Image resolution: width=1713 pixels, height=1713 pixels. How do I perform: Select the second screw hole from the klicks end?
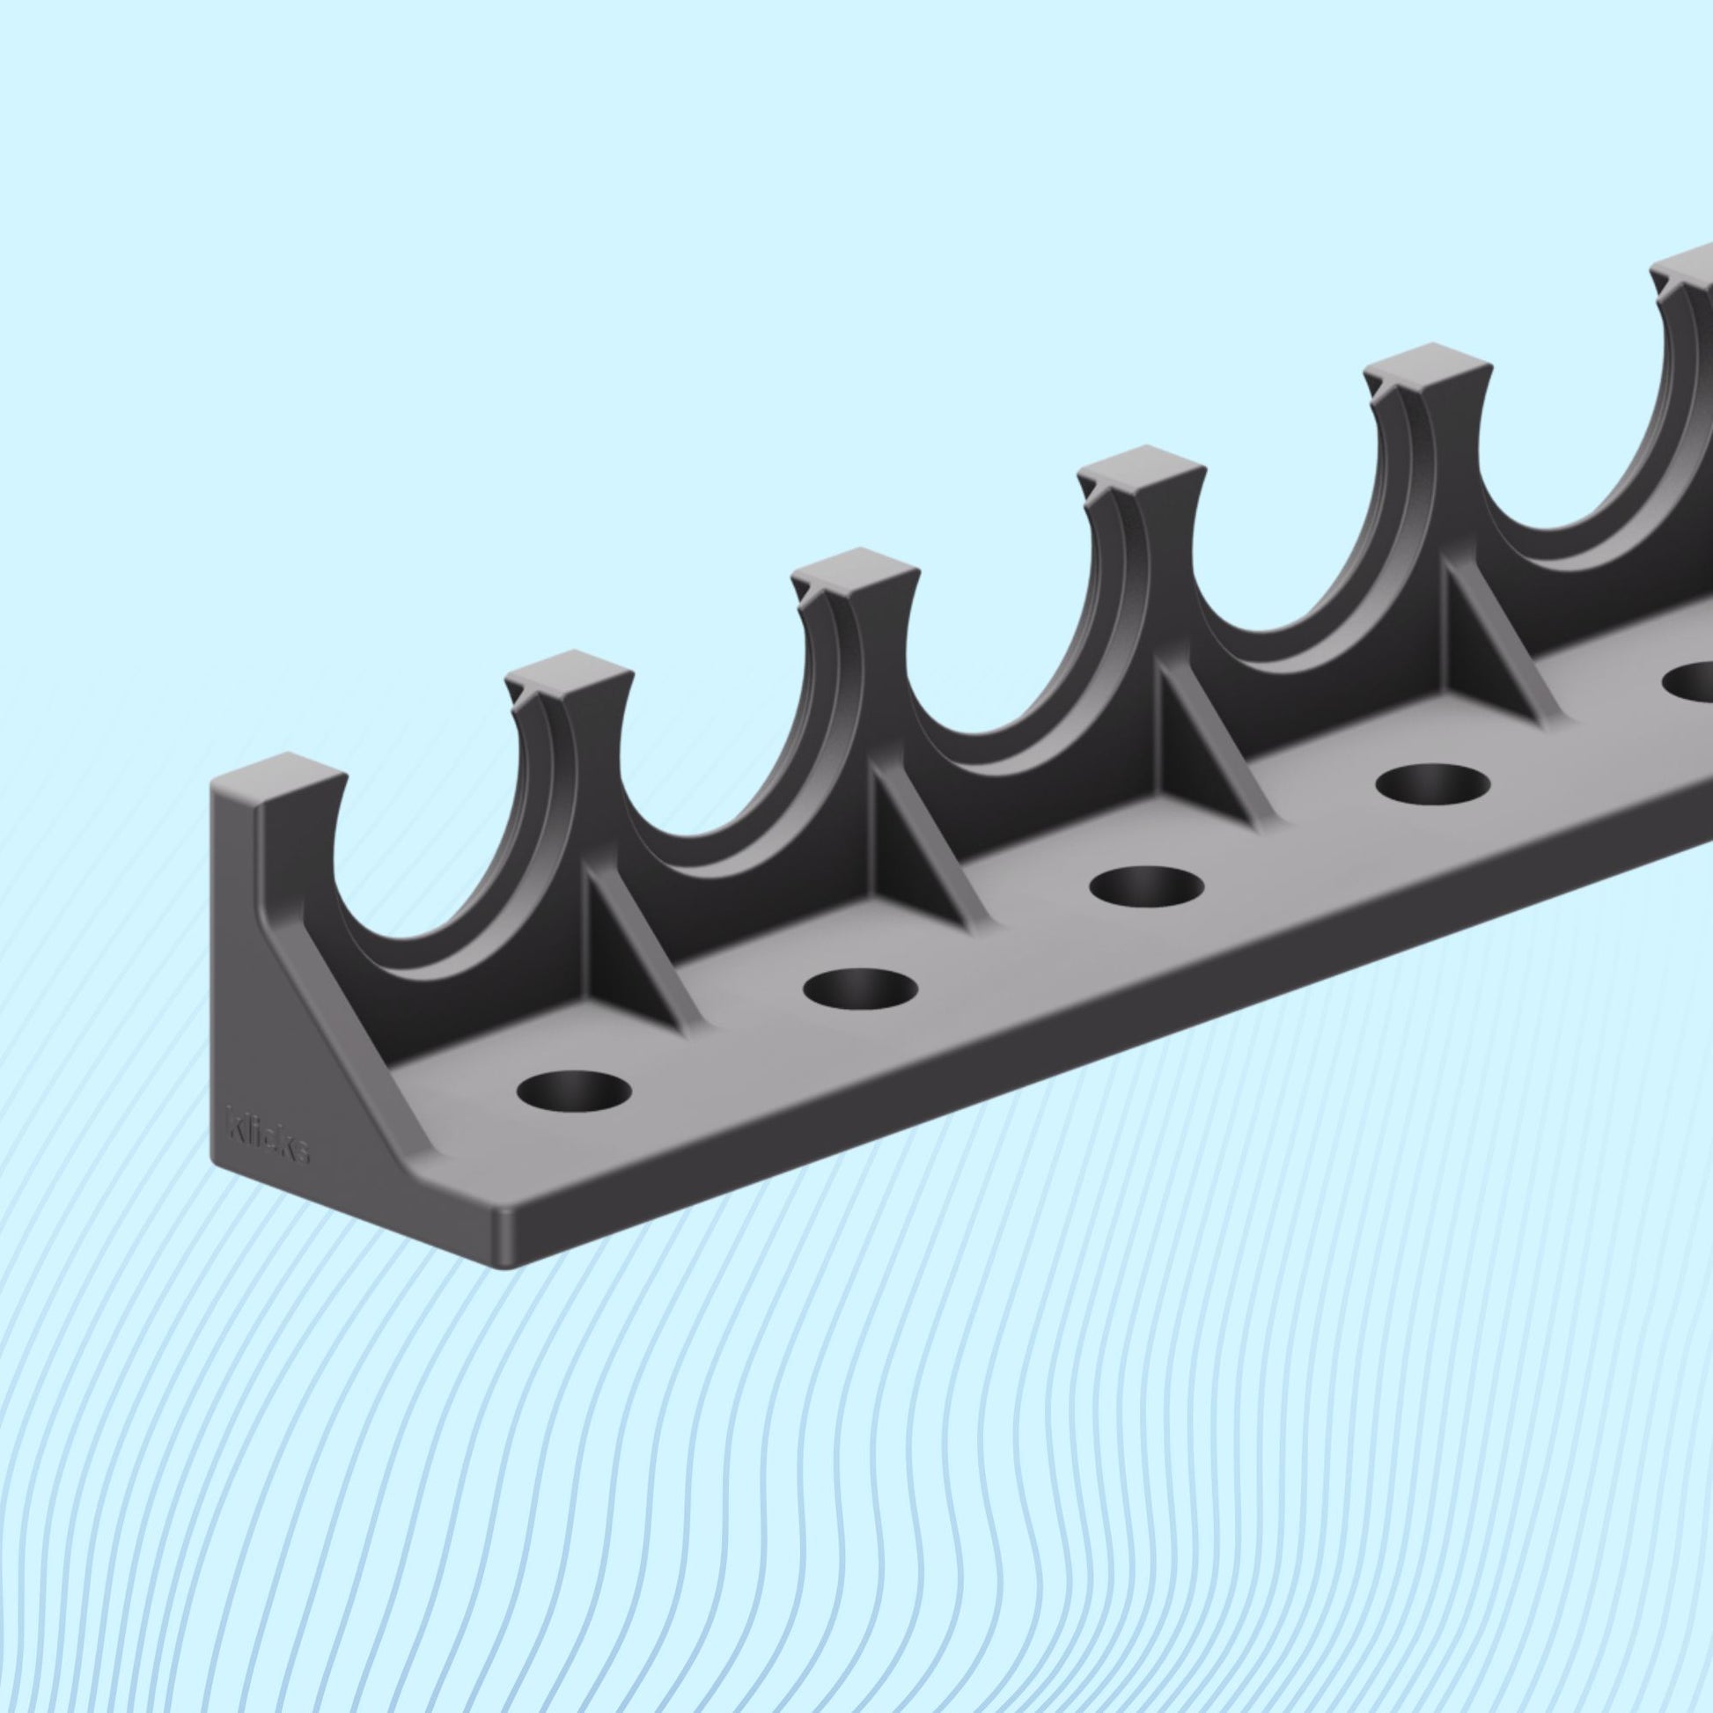(863, 988)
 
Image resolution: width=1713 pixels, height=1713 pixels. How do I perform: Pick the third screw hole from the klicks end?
(1146, 886)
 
